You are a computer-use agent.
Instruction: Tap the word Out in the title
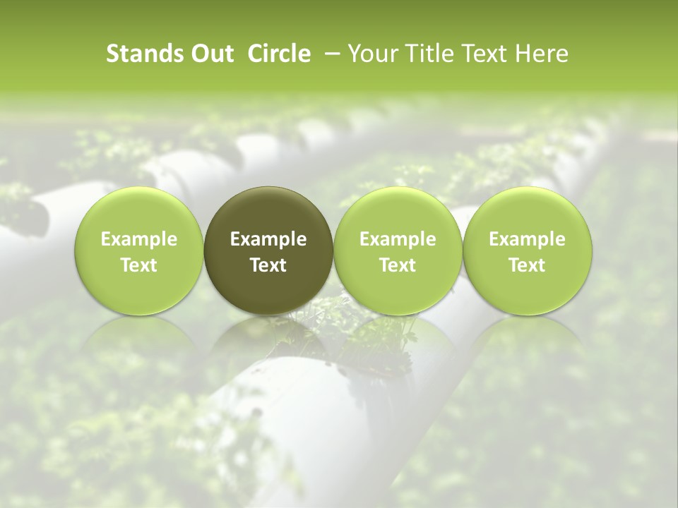[x=210, y=54]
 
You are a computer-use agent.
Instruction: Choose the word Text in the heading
[x=480, y=54]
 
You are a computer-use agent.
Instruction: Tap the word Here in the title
[x=540, y=54]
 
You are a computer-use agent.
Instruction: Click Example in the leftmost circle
[x=139, y=240]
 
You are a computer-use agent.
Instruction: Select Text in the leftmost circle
[x=139, y=265]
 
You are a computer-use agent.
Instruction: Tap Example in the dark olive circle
[x=268, y=240]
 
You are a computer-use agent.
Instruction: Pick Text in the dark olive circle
[x=268, y=265]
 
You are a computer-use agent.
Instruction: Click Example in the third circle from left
[x=398, y=240]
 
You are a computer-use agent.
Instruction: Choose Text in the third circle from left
[x=398, y=265]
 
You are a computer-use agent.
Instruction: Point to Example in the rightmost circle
[x=527, y=240]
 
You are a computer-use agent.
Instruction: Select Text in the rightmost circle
[x=527, y=265]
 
